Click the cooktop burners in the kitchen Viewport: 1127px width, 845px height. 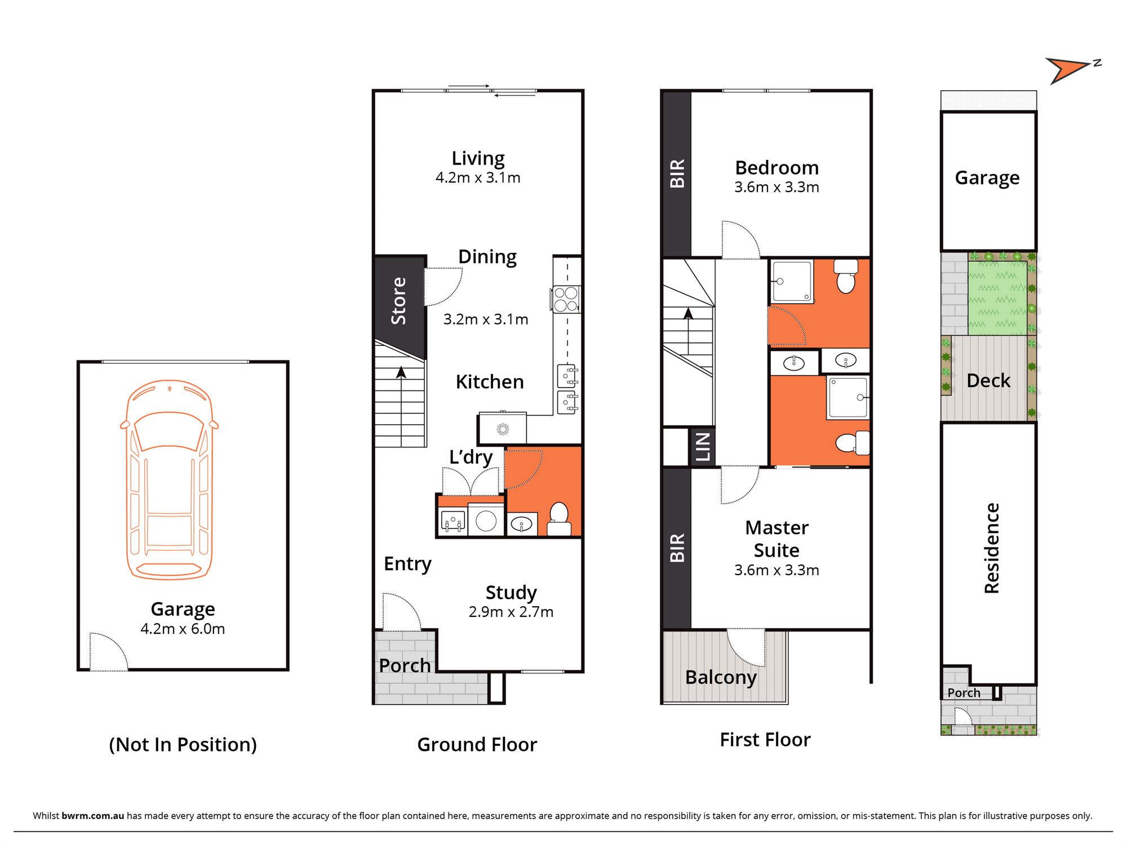566,299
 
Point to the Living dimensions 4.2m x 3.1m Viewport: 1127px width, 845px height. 478,178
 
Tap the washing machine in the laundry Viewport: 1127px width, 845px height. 486,521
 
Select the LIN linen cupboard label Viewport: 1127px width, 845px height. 702,447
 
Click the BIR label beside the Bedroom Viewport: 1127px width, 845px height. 677,173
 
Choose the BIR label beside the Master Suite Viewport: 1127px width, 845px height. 677,548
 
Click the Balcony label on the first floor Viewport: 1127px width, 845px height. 721,677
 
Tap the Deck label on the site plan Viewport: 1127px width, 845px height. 988,381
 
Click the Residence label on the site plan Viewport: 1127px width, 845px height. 992,548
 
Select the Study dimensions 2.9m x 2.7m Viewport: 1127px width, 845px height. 511,612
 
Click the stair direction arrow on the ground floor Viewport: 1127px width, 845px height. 401,373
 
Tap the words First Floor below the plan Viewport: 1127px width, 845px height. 765,740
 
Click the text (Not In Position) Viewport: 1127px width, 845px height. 183,745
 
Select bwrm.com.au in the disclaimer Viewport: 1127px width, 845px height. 93,816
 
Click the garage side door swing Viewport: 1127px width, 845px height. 108,652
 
